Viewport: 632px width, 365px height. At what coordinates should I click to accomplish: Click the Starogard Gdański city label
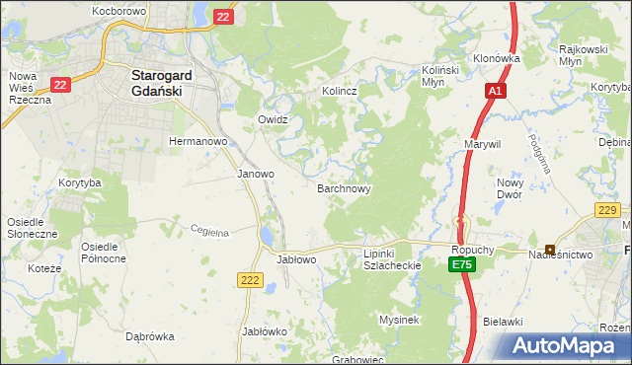point(162,81)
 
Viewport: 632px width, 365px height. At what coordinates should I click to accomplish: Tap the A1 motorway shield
point(496,91)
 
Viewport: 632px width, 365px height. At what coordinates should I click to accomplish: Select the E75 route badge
point(462,265)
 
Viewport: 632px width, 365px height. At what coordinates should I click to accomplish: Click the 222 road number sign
point(249,281)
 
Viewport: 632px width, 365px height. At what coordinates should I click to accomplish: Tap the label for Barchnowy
point(344,187)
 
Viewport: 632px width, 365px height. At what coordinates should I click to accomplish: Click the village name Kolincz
point(339,91)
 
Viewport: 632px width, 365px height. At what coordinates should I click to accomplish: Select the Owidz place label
point(273,119)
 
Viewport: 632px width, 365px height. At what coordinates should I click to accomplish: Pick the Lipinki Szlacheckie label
point(392,259)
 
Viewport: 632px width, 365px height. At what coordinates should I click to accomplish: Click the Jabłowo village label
point(296,259)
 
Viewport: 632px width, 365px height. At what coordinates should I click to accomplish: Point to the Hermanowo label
point(198,142)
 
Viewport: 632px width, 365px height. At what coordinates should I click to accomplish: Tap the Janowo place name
point(256,174)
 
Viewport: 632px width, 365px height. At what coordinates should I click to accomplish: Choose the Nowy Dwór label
point(510,188)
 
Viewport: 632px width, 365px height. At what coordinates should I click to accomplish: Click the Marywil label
point(483,144)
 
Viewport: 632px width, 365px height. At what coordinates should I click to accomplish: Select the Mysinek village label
point(400,320)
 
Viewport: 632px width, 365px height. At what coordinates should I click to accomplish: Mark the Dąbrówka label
point(150,336)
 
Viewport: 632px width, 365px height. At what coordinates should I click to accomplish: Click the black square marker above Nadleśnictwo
point(549,249)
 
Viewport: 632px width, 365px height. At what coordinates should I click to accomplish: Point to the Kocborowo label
point(118,10)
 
